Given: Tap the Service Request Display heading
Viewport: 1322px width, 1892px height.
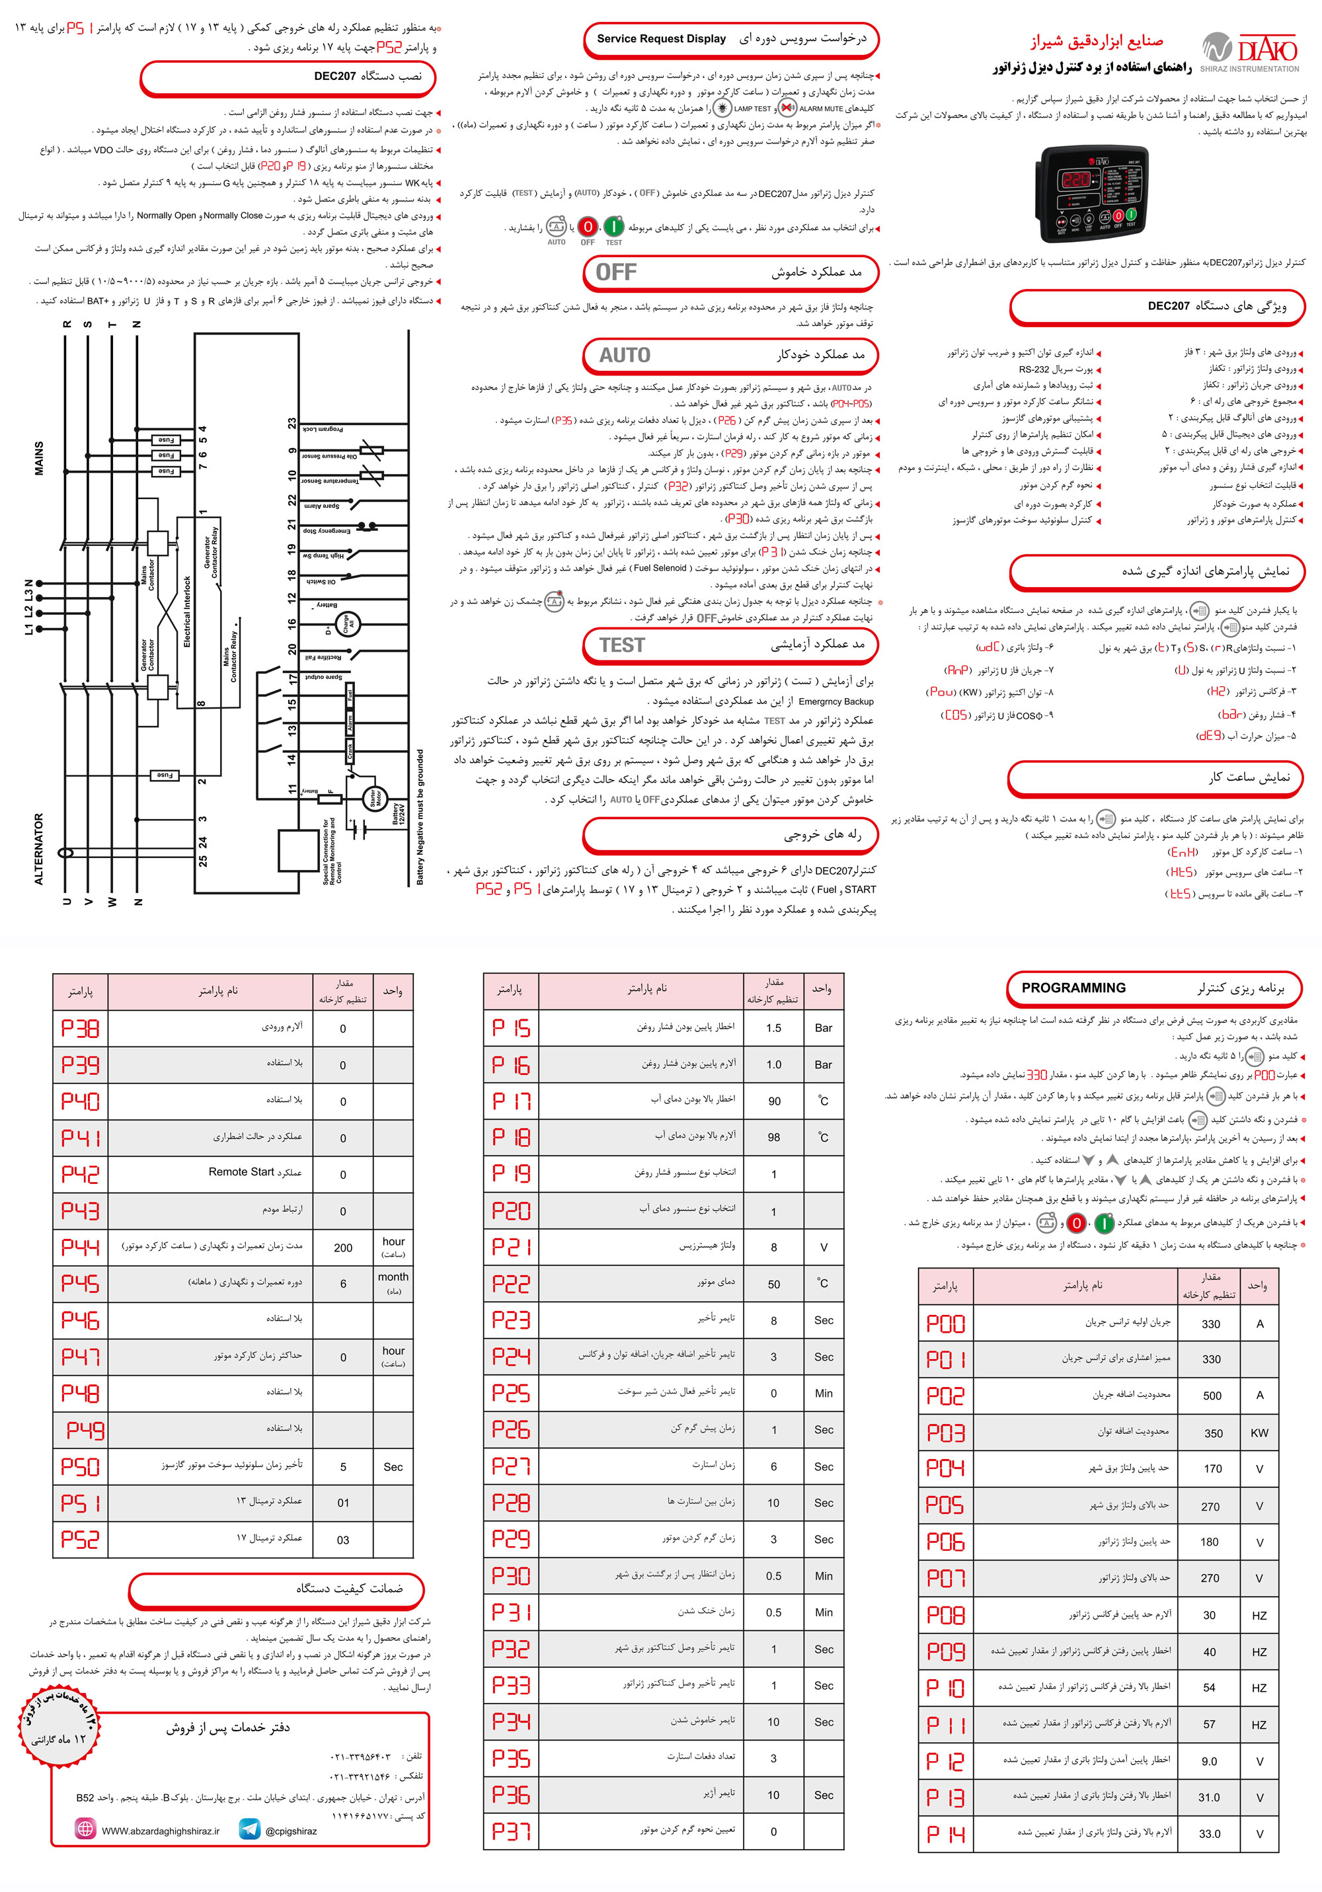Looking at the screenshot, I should click(x=661, y=39).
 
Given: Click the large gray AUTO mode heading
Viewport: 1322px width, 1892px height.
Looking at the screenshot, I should click(x=625, y=355).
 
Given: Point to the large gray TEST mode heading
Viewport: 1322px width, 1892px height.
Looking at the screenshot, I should click(x=622, y=645).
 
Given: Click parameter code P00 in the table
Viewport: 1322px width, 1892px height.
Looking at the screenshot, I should click(x=945, y=1323).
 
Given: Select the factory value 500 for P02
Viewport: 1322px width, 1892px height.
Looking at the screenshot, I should click(x=1212, y=1396).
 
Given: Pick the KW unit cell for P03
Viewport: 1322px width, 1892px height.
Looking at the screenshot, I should click(x=1259, y=1433).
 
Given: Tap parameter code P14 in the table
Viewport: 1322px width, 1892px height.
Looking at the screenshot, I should click(x=945, y=1833).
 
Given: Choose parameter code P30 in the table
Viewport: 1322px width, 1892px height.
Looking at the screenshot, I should click(x=511, y=1575).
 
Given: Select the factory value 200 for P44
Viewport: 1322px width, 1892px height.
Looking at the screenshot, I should click(x=343, y=1247).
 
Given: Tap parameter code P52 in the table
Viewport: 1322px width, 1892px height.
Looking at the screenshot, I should click(x=80, y=1539).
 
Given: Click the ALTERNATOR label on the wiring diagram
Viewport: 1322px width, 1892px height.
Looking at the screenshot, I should click(x=39, y=849).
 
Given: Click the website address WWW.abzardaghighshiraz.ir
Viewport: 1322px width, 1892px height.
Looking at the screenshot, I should click(x=161, y=1831).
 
